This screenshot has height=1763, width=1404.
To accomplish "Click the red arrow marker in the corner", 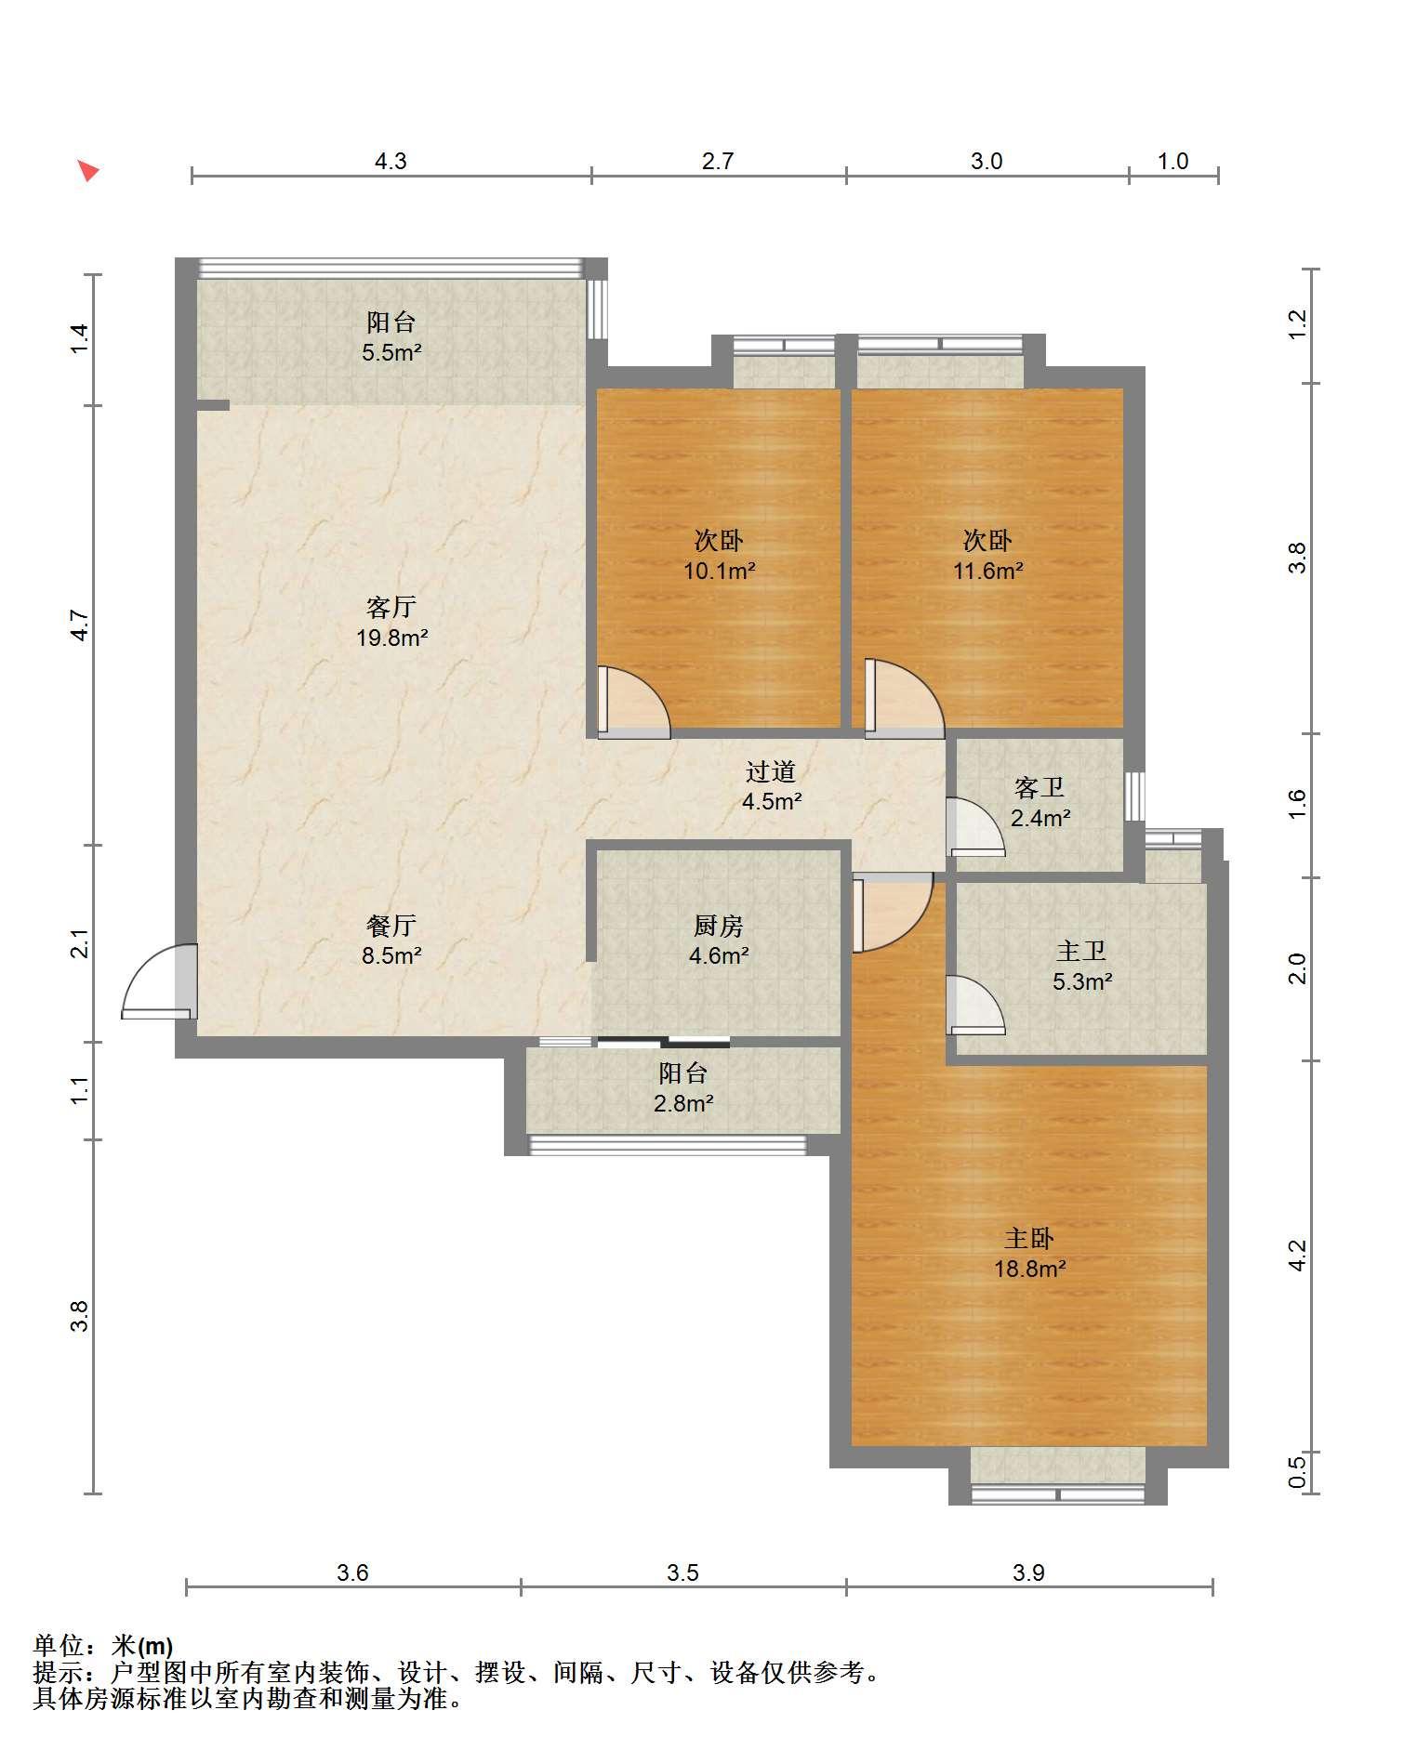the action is [x=88, y=171].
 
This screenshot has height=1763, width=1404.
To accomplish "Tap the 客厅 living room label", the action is [x=391, y=608].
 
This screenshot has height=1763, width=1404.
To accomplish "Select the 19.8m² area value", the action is [x=392, y=638].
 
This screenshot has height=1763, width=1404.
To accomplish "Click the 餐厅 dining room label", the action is [x=391, y=926].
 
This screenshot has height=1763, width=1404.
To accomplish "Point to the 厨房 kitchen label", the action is [x=719, y=926].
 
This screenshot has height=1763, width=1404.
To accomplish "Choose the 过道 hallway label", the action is [x=771, y=771].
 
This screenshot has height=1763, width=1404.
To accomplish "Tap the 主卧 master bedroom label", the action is [x=1029, y=1238].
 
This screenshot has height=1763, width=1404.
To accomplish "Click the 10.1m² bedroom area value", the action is [x=720, y=571].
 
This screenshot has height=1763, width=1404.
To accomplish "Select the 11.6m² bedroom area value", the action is [x=987, y=571].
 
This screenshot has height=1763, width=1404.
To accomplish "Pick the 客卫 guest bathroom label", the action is [x=1040, y=788].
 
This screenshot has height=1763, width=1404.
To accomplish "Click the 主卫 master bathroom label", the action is [x=1081, y=951].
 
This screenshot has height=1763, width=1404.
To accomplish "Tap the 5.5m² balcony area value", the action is [x=391, y=352].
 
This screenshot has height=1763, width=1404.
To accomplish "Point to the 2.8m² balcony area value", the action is [x=683, y=1103].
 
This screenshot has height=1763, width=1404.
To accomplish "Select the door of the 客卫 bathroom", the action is [x=975, y=826].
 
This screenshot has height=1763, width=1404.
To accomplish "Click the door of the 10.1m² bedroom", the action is [x=632, y=703].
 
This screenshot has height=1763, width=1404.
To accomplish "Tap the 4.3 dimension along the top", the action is [x=391, y=162].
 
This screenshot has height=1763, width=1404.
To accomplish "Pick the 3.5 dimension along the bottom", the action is [x=682, y=1572].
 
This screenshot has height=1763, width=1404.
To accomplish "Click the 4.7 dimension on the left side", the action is [x=80, y=625].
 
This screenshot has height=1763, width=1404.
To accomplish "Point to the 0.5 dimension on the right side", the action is [x=1298, y=1471].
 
